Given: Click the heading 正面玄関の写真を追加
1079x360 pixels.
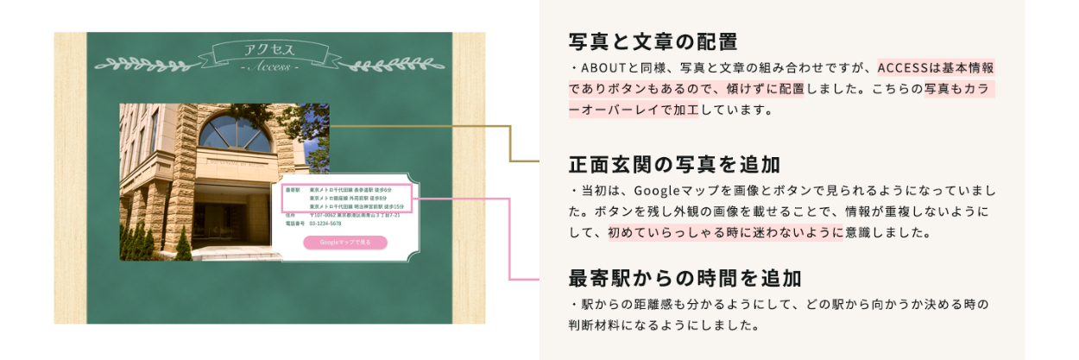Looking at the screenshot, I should coord(674,164).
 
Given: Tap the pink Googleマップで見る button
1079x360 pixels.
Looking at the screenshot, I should coord(345,243).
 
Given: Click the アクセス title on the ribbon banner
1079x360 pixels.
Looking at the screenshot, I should coord(268,49).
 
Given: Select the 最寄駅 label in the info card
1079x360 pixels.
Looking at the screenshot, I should coord(291,189).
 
